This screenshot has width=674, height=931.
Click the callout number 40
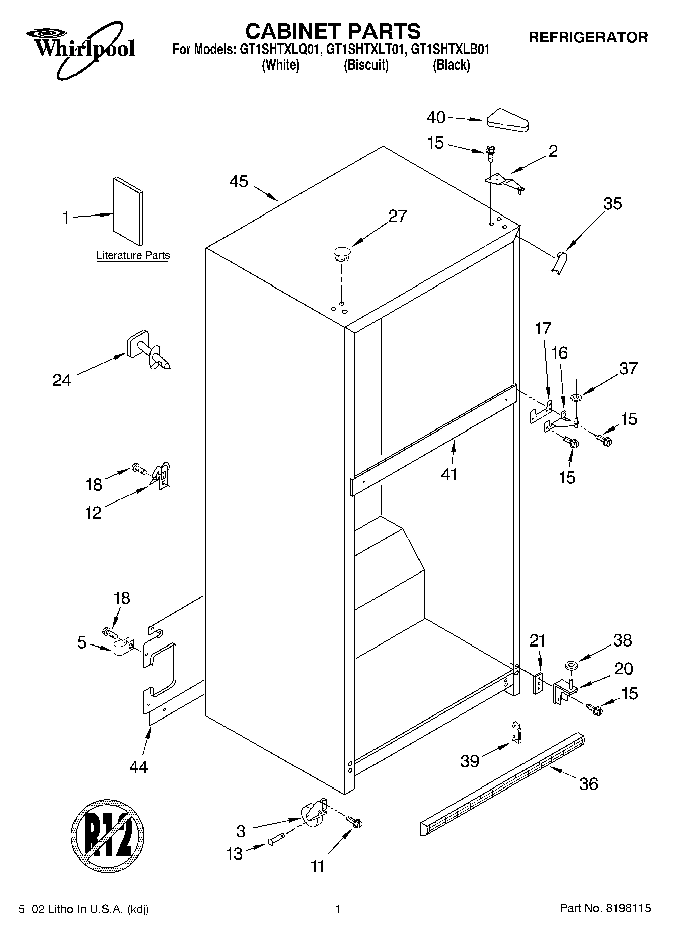coord(436,118)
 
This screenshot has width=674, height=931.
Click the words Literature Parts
coord(133,256)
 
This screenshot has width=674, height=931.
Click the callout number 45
coord(239,182)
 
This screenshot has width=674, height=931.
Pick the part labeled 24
coord(149,350)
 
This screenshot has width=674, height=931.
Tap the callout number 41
coord(449,474)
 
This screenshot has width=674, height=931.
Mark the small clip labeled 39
coord(516,733)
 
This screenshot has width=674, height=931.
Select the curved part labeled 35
coord(558,263)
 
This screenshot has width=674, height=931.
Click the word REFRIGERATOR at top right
coord(588,37)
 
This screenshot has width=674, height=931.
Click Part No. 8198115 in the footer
coord(605,909)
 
